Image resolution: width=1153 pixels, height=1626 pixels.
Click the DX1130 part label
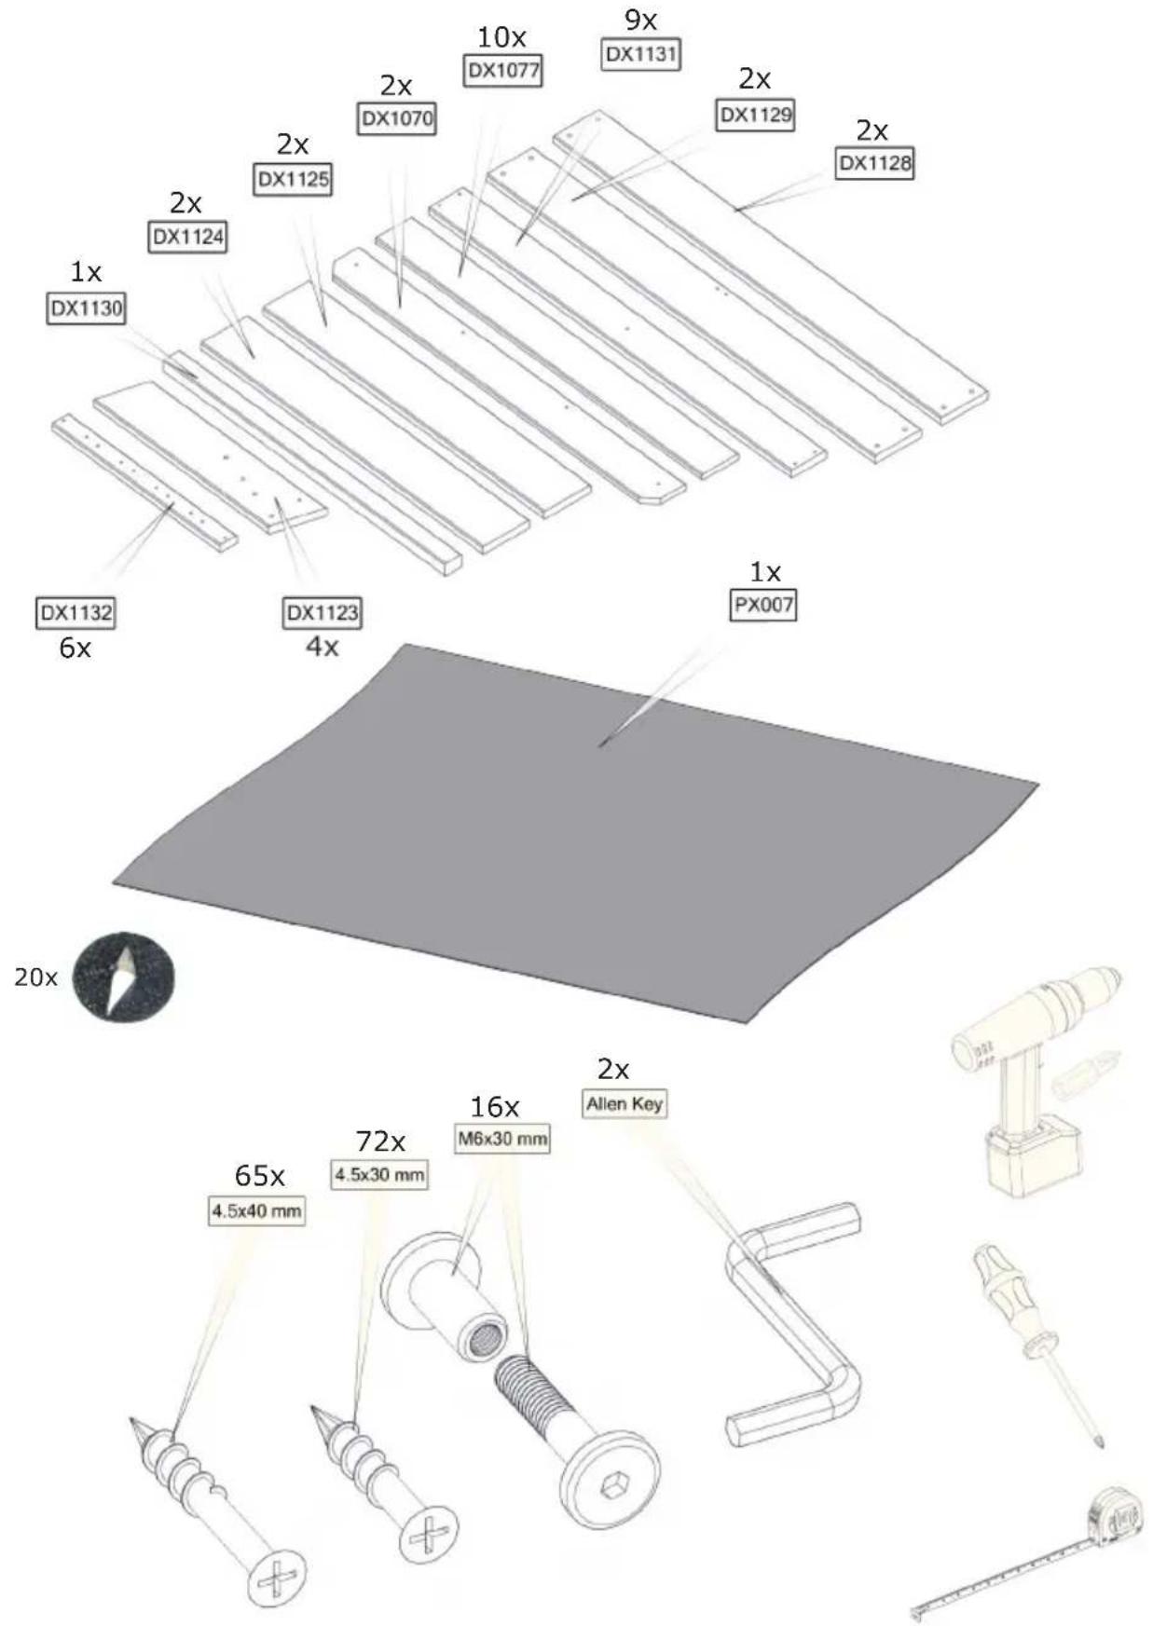pos(86,308)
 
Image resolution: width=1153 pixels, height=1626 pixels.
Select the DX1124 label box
pos(187,237)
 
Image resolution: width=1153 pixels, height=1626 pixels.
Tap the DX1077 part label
pos(502,71)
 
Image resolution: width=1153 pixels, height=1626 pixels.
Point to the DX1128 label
pos(874,164)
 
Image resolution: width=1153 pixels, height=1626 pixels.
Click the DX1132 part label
pos(75,613)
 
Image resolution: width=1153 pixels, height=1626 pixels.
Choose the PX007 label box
pos(763,605)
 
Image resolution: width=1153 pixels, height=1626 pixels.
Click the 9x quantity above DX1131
pos(640,20)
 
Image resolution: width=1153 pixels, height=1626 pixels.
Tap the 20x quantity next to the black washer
pos(35,977)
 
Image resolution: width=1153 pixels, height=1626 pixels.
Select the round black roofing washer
pos(123,977)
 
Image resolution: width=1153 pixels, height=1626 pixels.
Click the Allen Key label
pos(625,1104)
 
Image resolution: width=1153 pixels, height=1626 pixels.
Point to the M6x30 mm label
pos(502,1139)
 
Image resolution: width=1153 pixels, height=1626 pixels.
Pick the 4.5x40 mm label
pos(256,1210)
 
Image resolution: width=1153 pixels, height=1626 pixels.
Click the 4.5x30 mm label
pos(379,1175)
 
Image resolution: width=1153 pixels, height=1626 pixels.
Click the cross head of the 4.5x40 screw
pos(277,1577)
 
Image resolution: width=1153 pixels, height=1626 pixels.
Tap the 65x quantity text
pos(259,1176)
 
